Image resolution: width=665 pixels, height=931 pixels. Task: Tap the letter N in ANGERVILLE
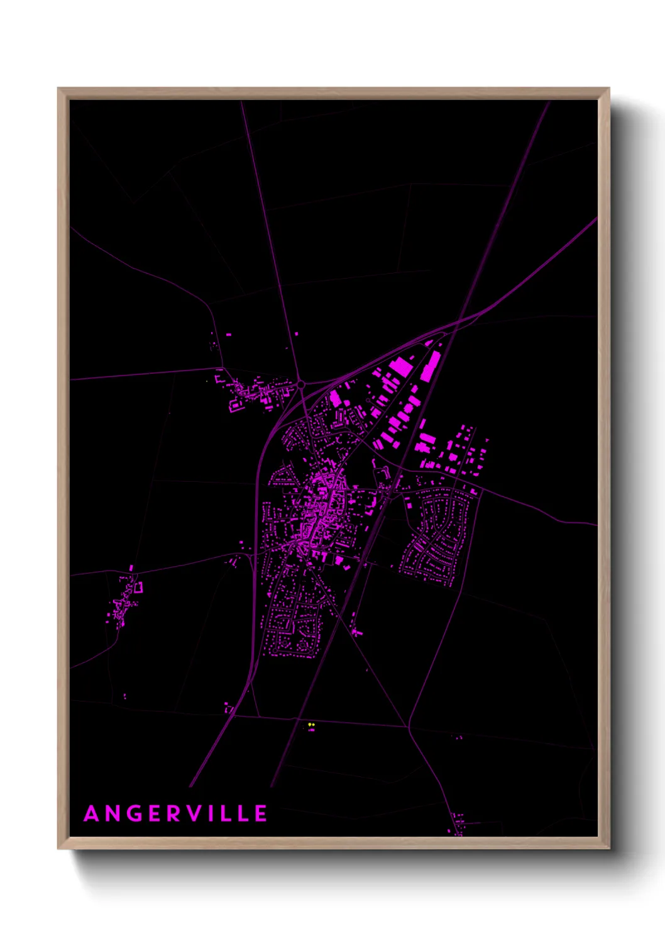tap(113, 814)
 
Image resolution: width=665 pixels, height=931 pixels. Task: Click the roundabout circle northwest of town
tap(301, 384)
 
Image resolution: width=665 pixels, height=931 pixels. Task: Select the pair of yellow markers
tap(311, 725)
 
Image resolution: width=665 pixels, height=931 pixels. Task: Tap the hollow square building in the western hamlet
tap(138, 587)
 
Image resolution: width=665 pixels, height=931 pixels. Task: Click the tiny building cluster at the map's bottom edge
tap(458, 824)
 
